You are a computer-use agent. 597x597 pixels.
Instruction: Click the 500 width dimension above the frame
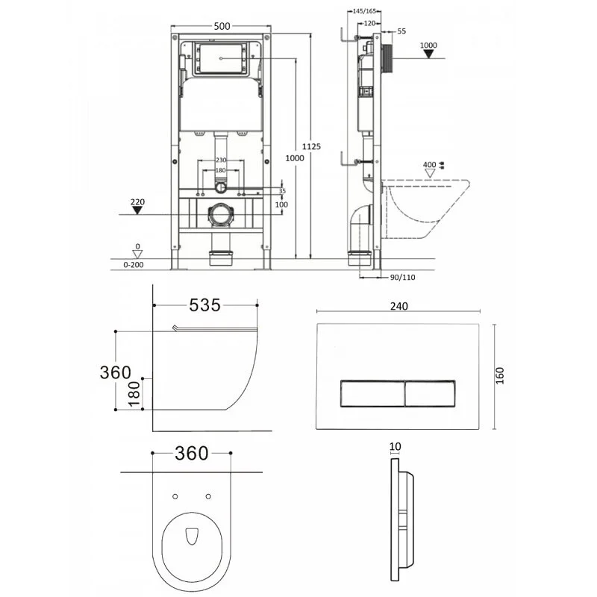tap(221, 25)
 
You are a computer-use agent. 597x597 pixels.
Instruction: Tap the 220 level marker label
tap(137, 201)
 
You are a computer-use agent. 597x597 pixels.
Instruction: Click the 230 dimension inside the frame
tap(221, 160)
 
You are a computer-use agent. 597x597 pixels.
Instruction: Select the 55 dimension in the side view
tap(401, 31)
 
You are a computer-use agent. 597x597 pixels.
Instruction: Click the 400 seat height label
tap(428, 165)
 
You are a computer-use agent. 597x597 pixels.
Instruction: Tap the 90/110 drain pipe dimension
tap(403, 278)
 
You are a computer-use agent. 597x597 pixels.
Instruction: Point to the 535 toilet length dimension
tap(204, 304)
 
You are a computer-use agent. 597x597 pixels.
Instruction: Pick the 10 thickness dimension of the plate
tap(395, 446)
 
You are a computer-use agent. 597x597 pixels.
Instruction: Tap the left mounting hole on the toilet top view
tap(174, 496)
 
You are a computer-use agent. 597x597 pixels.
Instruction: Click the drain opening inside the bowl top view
tap(191, 536)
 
